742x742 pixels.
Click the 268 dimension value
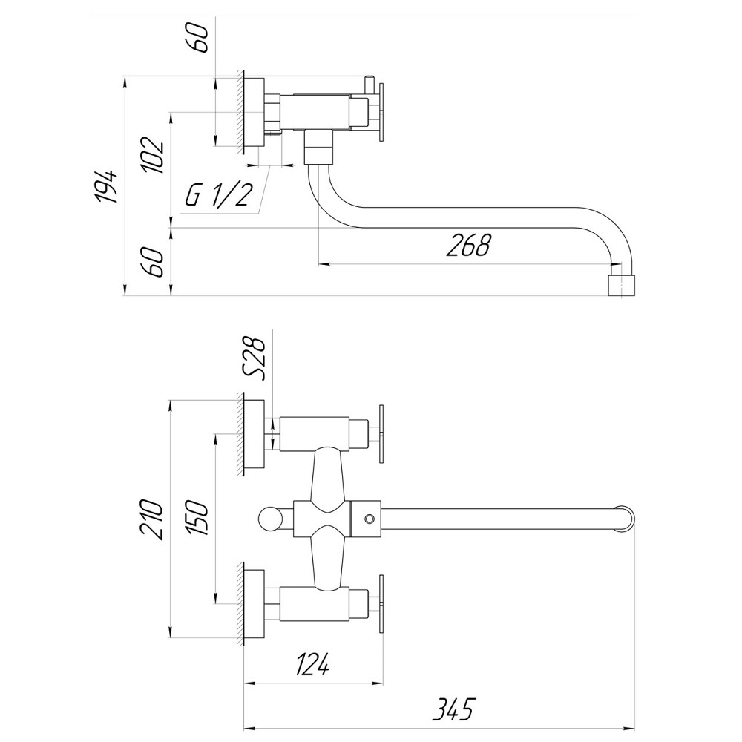pyautogui.click(x=468, y=244)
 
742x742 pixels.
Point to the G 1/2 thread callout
pyautogui.click(x=218, y=195)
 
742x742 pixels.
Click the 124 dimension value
pyautogui.click(x=312, y=666)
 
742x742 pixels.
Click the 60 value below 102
pyautogui.click(x=154, y=262)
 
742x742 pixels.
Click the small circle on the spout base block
pyautogui.click(x=368, y=518)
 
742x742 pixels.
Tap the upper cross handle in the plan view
pyautogui.click(x=381, y=434)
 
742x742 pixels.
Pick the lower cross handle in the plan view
pyautogui.click(x=381, y=603)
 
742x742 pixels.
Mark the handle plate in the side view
pyautogui.click(x=381, y=111)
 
